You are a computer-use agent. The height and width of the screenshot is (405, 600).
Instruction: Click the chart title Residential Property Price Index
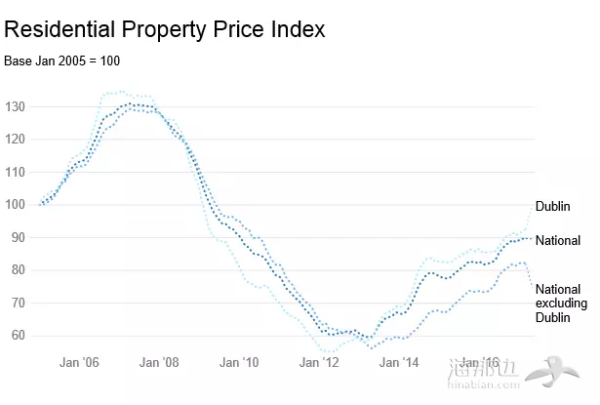(x=164, y=29)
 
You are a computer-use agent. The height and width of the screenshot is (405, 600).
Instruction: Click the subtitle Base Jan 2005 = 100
(x=61, y=61)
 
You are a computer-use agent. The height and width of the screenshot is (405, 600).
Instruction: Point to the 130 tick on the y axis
(x=15, y=106)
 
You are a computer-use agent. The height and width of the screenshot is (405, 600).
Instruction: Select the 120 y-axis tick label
(x=15, y=139)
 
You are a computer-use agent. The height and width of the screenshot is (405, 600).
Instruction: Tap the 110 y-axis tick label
(x=15, y=172)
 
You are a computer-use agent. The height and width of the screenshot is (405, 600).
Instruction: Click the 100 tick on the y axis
(x=15, y=205)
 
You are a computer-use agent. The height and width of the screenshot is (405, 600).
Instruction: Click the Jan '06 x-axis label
(x=79, y=362)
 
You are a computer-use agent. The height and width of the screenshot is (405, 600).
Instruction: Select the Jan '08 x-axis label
(x=159, y=362)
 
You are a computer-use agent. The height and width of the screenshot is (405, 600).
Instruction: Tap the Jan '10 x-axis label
(x=239, y=362)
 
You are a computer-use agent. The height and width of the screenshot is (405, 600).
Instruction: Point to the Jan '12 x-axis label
(x=319, y=362)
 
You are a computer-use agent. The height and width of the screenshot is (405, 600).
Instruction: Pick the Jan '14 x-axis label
(x=399, y=362)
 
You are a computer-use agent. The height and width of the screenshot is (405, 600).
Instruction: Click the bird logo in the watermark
(x=557, y=373)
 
